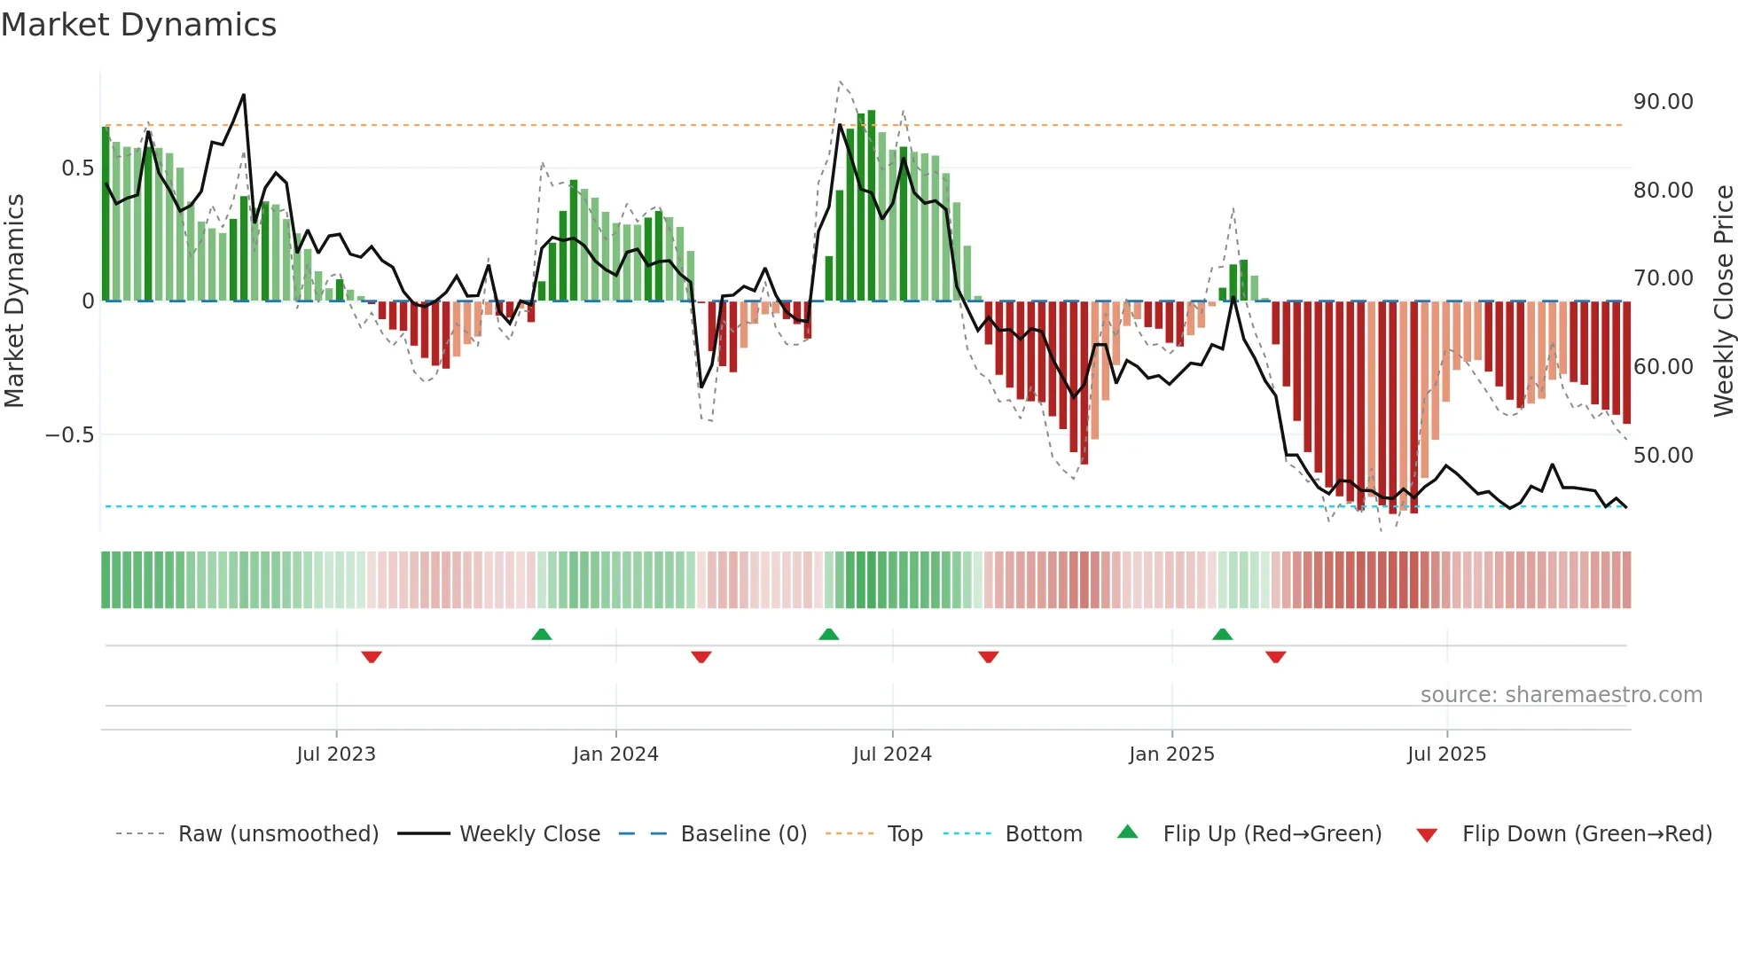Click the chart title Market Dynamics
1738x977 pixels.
pos(138,25)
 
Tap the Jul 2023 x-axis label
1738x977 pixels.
pos(336,754)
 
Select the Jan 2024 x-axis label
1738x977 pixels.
pos(615,754)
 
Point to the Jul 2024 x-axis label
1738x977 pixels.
pos(892,754)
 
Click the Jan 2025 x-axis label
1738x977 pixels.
pos(1171,754)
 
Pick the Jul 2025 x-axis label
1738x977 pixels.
pos(1446,754)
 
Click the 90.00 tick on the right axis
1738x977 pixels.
pos(1664,102)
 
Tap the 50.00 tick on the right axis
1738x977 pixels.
pos(1664,456)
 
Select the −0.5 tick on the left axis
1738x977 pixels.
pos(69,435)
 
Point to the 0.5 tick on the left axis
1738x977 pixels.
pos(77,168)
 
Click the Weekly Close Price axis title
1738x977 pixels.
pos(1723,301)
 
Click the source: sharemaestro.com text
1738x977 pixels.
pos(1561,695)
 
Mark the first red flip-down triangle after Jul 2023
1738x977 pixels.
pos(372,657)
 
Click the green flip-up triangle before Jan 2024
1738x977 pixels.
pos(542,634)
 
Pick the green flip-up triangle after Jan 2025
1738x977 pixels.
pos(1222,634)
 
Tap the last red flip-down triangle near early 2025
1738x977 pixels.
pos(1276,657)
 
